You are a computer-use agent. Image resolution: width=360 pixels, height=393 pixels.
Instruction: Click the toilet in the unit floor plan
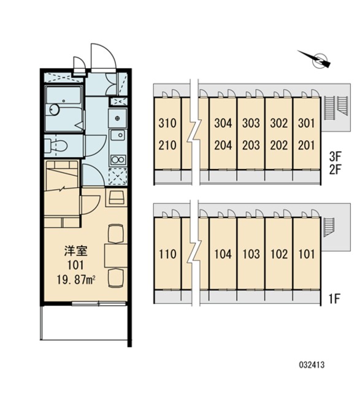[56, 145]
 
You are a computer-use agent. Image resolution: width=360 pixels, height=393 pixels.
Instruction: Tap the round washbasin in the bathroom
[54, 110]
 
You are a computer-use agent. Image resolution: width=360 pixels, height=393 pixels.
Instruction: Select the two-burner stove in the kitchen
[118, 159]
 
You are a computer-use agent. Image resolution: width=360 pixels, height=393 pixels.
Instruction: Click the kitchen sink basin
[118, 136]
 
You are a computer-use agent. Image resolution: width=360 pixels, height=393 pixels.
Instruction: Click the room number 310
[167, 123]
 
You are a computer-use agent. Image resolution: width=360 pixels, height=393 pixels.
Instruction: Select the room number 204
[223, 145]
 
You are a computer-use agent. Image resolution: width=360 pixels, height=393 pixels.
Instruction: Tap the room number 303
[251, 123]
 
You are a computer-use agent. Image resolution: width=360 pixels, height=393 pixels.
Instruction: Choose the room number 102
[279, 254]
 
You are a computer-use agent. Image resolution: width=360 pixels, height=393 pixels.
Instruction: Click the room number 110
[167, 254]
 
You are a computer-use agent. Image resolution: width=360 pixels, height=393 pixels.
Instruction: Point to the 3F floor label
[335, 157]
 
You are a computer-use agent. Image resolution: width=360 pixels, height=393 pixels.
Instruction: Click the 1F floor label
[334, 298]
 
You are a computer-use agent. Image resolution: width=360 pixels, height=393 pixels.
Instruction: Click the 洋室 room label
[75, 251]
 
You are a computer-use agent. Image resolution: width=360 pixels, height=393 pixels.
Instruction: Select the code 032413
[312, 365]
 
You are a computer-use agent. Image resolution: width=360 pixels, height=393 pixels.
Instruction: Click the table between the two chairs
[116, 255]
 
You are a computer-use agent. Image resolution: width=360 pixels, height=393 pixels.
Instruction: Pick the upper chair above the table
[116, 233]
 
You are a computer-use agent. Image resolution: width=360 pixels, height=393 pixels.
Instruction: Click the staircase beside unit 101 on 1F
[329, 227]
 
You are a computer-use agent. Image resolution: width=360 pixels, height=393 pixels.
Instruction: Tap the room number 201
[307, 145]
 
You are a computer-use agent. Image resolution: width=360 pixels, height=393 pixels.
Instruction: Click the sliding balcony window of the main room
[99, 304]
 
